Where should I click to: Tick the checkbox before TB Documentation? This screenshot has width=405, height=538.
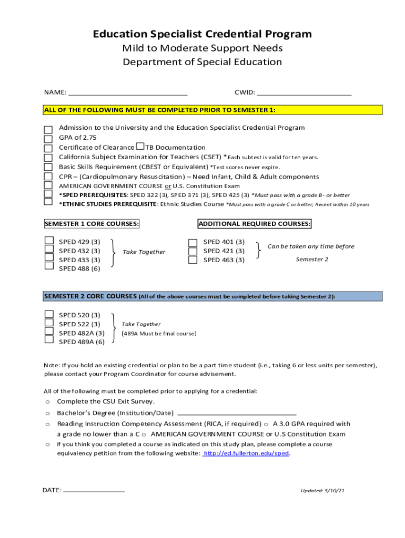(x=140, y=146)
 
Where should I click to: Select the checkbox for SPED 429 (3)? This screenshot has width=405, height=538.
(x=49, y=241)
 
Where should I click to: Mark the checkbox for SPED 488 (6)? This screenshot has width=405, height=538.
(x=49, y=266)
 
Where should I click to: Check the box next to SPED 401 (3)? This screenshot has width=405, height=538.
(x=193, y=243)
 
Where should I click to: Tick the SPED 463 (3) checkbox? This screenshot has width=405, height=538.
(x=193, y=260)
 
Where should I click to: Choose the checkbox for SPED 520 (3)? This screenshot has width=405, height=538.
(x=49, y=315)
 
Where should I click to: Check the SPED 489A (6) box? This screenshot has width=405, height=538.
(x=49, y=339)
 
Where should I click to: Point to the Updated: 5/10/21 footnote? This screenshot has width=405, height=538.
(x=322, y=491)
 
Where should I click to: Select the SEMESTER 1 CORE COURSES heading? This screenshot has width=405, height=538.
(x=92, y=224)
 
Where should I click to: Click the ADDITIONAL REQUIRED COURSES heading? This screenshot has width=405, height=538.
(x=255, y=224)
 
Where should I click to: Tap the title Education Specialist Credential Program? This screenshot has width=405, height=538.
(x=202, y=34)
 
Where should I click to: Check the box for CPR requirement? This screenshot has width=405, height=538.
(x=48, y=177)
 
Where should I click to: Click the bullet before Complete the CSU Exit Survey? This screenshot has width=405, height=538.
(x=47, y=402)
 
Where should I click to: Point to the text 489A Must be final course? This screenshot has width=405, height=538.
(x=159, y=334)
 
